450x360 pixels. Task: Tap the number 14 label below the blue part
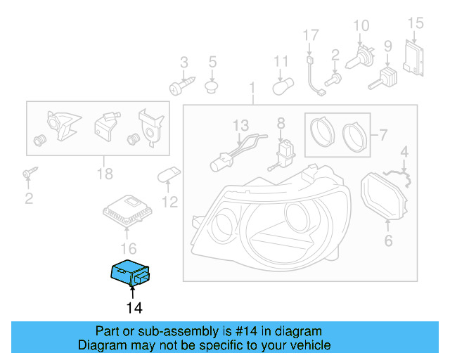click(x=134, y=307)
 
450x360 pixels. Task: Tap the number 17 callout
click(x=311, y=34)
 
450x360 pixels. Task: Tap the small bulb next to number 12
click(x=172, y=176)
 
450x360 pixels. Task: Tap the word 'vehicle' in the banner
click(x=312, y=345)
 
